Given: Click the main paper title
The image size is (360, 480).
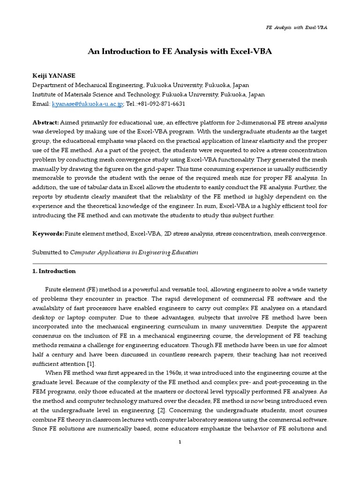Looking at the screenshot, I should [180, 52].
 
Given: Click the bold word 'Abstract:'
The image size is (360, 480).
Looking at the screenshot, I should [45, 121].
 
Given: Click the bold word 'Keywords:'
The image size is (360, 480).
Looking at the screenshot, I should [47, 233].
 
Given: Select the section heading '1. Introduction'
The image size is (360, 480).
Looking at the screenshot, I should [53, 271].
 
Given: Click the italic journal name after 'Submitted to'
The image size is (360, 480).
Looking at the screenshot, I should [134, 252].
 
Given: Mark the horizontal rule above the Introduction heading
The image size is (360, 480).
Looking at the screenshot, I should [180, 263].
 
